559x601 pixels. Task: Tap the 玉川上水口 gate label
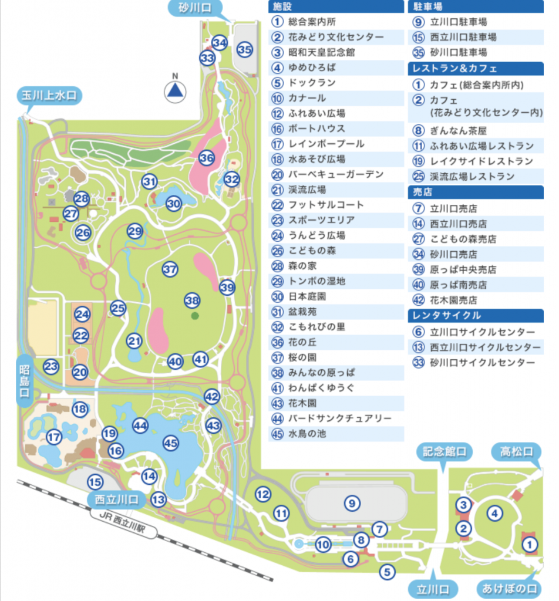[x=49, y=96]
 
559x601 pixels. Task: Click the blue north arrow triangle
[x=174, y=90]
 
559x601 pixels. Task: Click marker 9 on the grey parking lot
[x=352, y=502]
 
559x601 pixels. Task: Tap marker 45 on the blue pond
[x=171, y=444]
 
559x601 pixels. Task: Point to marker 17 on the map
[x=54, y=437]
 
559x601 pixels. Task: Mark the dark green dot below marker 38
[x=194, y=316]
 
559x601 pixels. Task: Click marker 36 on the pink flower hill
[x=206, y=158]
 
